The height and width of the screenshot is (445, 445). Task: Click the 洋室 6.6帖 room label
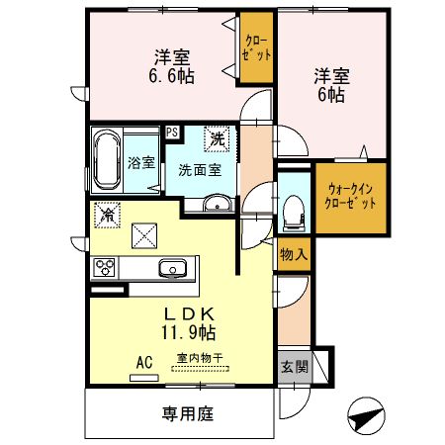tap(171, 65)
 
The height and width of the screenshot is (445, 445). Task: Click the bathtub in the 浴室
tap(107, 159)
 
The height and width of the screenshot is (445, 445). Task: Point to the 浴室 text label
tap(140, 162)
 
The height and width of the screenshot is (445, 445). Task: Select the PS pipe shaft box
tap(172, 131)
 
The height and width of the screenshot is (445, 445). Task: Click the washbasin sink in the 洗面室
tap(220, 206)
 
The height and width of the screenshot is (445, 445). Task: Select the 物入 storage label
tap(293, 254)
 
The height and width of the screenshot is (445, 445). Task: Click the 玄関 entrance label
tap(293, 367)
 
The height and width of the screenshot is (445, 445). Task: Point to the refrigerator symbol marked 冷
tap(105, 213)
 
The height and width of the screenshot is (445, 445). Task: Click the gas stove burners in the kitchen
tap(105, 267)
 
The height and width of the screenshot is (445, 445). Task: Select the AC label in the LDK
tap(144, 363)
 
